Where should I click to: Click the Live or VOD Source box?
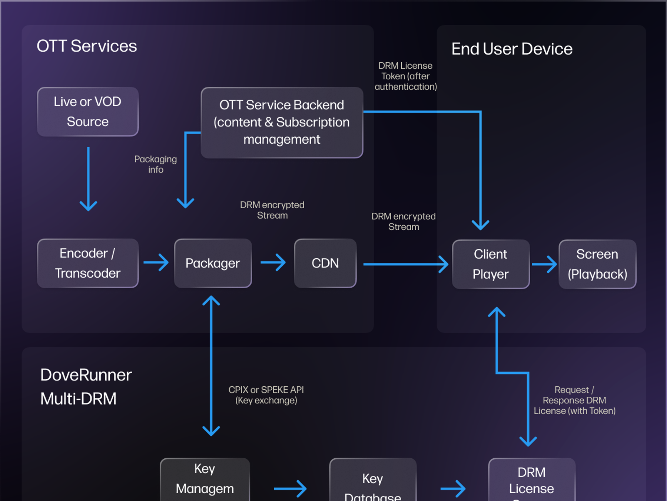click(88, 112)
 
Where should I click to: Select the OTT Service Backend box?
click(282, 122)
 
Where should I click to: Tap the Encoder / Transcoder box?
click(88, 263)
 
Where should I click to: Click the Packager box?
click(213, 263)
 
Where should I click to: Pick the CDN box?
click(325, 263)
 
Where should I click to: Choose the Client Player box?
click(491, 264)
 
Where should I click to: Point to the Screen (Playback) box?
click(597, 264)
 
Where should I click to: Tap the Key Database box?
click(372, 482)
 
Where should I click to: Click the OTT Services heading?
click(87, 46)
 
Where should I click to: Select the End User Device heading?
click(512, 49)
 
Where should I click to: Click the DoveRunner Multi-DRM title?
click(86, 387)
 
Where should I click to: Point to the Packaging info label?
click(156, 164)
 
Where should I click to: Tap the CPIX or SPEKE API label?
click(266, 395)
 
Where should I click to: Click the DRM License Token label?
click(405, 76)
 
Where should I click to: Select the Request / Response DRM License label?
click(574, 400)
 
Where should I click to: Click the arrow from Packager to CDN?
click(273, 263)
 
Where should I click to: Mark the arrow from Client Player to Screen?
click(544, 264)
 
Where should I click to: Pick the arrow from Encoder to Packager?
click(156, 263)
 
